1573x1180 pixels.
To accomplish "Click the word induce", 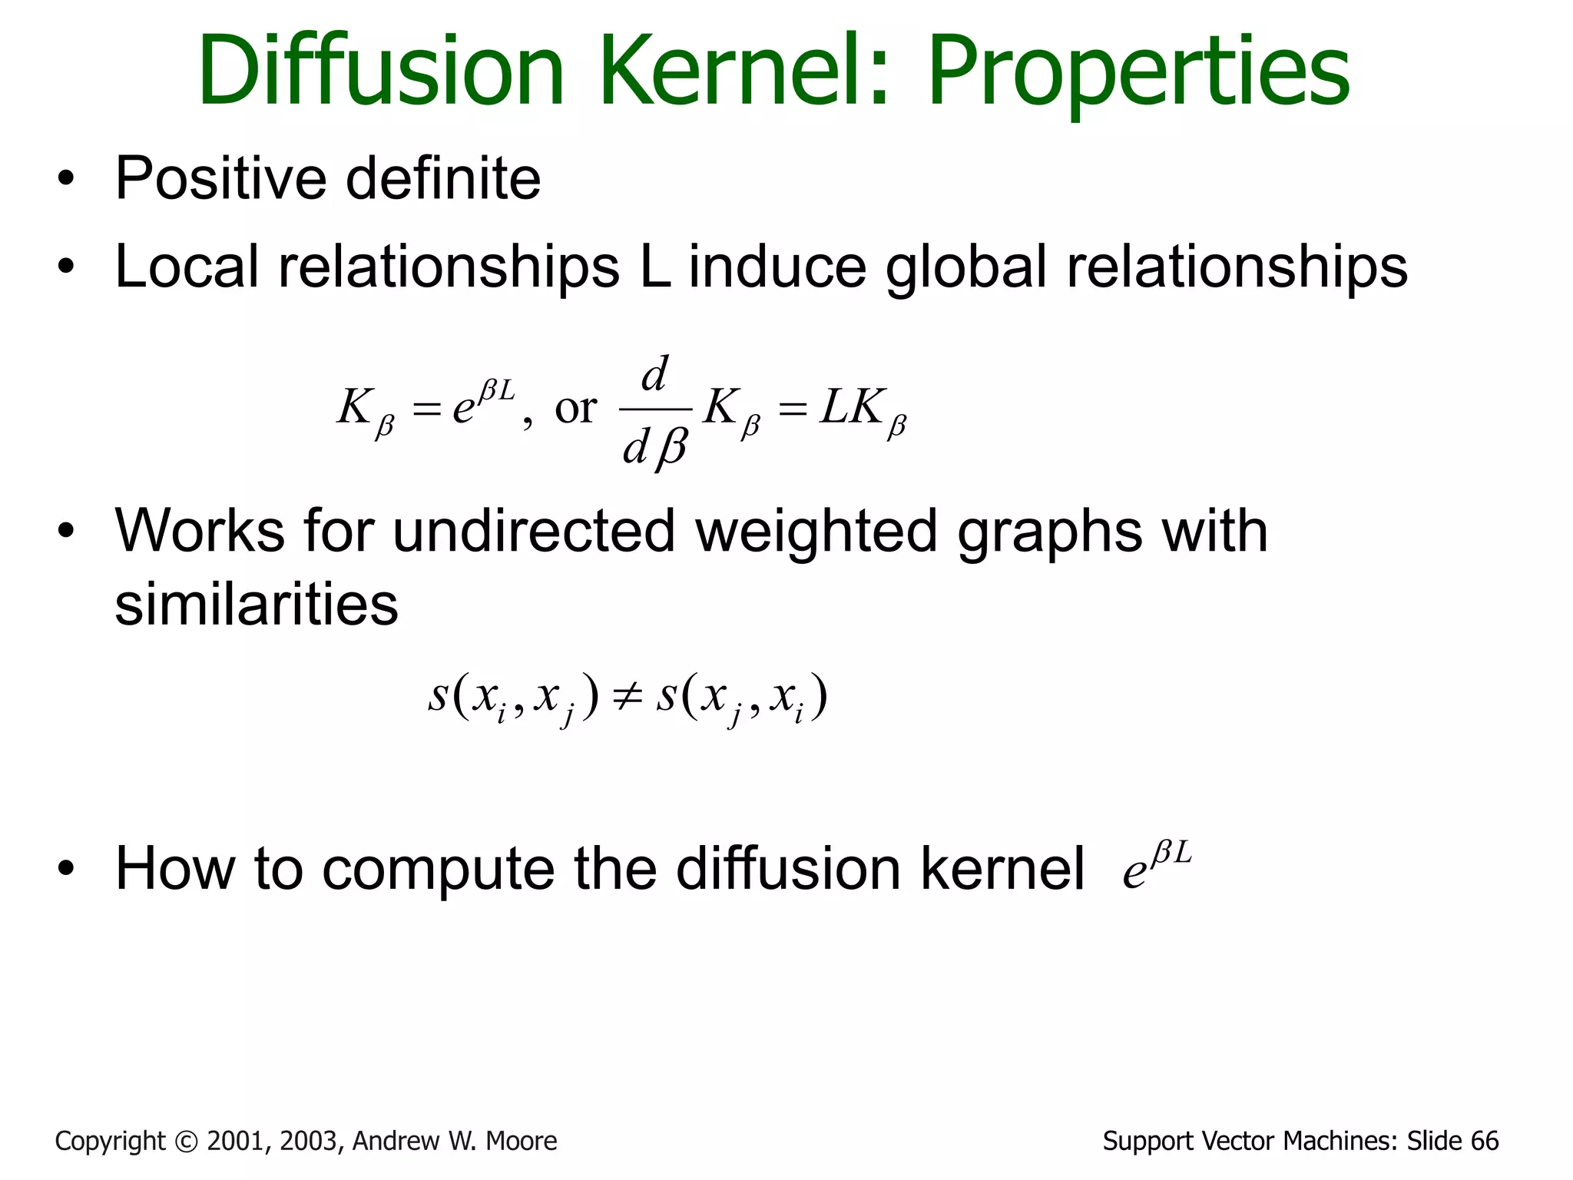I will pos(777,267).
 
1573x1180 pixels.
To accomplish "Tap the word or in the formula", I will pos(575,408).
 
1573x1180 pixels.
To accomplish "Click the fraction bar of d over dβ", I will pos(655,409).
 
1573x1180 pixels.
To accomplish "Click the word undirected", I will pos(534,531).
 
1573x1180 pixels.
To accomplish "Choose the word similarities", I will pos(257,603).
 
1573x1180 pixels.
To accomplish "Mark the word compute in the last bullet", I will pos(438,871).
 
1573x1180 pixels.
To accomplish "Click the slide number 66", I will pos(1485,1142).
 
